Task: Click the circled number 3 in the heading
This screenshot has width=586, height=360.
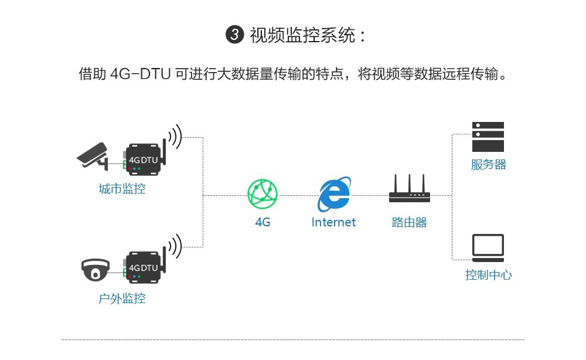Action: [x=234, y=35]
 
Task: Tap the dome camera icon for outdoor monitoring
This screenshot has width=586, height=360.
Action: [x=95, y=270]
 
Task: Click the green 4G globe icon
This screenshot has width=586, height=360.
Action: [x=263, y=193]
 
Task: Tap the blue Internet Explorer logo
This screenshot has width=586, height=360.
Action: [x=334, y=195]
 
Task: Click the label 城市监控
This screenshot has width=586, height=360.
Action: [x=122, y=189]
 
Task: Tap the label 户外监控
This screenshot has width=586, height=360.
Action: [x=122, y=298]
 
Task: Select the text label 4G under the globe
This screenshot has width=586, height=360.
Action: [x=263, y=222]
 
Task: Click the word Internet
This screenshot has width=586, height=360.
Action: [x=333, y=222]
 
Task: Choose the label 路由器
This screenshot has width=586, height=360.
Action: [x=409, y=222]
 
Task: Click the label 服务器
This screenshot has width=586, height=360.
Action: [x=488, y=165]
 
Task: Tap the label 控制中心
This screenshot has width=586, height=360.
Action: [x=488, y=274]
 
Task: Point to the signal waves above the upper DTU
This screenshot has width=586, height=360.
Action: [x=175, y=137]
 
